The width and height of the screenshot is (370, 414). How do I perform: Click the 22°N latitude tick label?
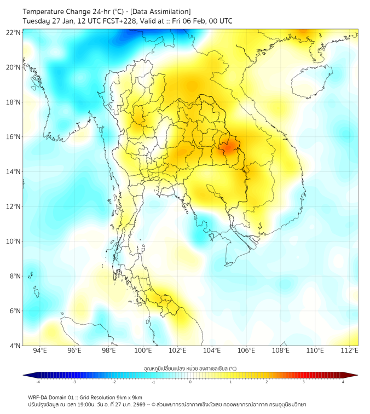click(x=14, y=32)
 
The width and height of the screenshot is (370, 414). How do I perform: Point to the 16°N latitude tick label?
click(x=14, y=137)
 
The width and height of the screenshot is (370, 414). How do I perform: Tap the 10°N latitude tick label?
click(x=14, y=241)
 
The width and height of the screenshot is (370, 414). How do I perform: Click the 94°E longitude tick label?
click(x=40, y=351)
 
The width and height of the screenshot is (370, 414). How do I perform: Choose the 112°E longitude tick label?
click(x=350, y=351)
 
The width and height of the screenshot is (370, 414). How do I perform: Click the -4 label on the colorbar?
click(x=38, y=382)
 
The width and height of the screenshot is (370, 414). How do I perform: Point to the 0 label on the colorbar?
click(x=190, y=382)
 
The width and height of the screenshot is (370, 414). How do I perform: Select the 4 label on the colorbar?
click(x=343, y=382)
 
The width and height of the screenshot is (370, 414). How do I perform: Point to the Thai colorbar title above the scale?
click(x=190, y=369)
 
